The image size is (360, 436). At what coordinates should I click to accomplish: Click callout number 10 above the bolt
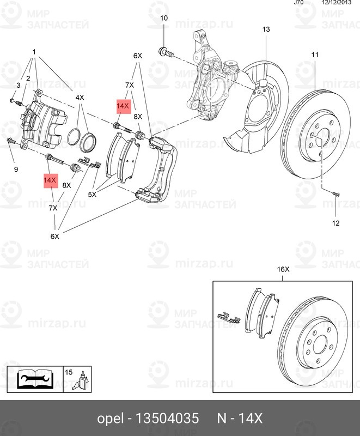click(x=164, y=19)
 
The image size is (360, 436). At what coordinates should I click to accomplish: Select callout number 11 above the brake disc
click(x=315, y=55)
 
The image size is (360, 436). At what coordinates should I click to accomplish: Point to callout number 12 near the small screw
click(x=335, y=223)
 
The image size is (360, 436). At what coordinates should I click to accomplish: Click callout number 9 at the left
click(x=16, y=169)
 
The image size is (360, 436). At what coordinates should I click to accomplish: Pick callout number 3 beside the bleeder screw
click(x=18, y=86)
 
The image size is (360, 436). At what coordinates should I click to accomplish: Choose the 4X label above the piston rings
click(x=80, y=98)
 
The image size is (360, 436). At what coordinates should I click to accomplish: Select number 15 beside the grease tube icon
click(x=69, y=372)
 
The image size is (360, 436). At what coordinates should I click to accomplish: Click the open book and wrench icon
click(x=34, y=378)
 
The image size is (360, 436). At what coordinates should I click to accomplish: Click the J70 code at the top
click(x=298, y=3)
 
